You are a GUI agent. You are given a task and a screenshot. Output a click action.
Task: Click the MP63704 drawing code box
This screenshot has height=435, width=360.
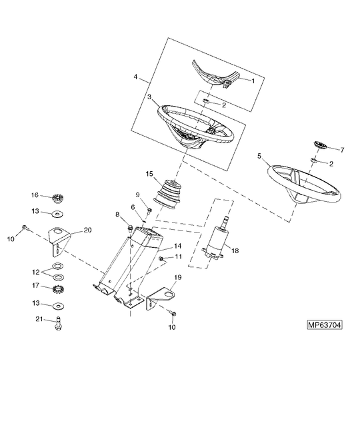click(x=325, y=324)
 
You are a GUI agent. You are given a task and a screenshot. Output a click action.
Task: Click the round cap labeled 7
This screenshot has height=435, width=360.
click(x=320, y=145)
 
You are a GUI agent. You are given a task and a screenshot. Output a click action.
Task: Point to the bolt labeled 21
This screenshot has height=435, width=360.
click(x=58, y=324)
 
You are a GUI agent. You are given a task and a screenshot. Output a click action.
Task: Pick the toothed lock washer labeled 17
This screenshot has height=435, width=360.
click(x=58, y=290)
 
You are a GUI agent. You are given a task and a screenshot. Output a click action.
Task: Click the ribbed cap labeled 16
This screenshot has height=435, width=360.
click(x=58, y=199)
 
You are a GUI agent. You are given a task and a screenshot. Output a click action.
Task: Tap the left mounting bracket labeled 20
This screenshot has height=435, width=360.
click(x=58, y=240)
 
